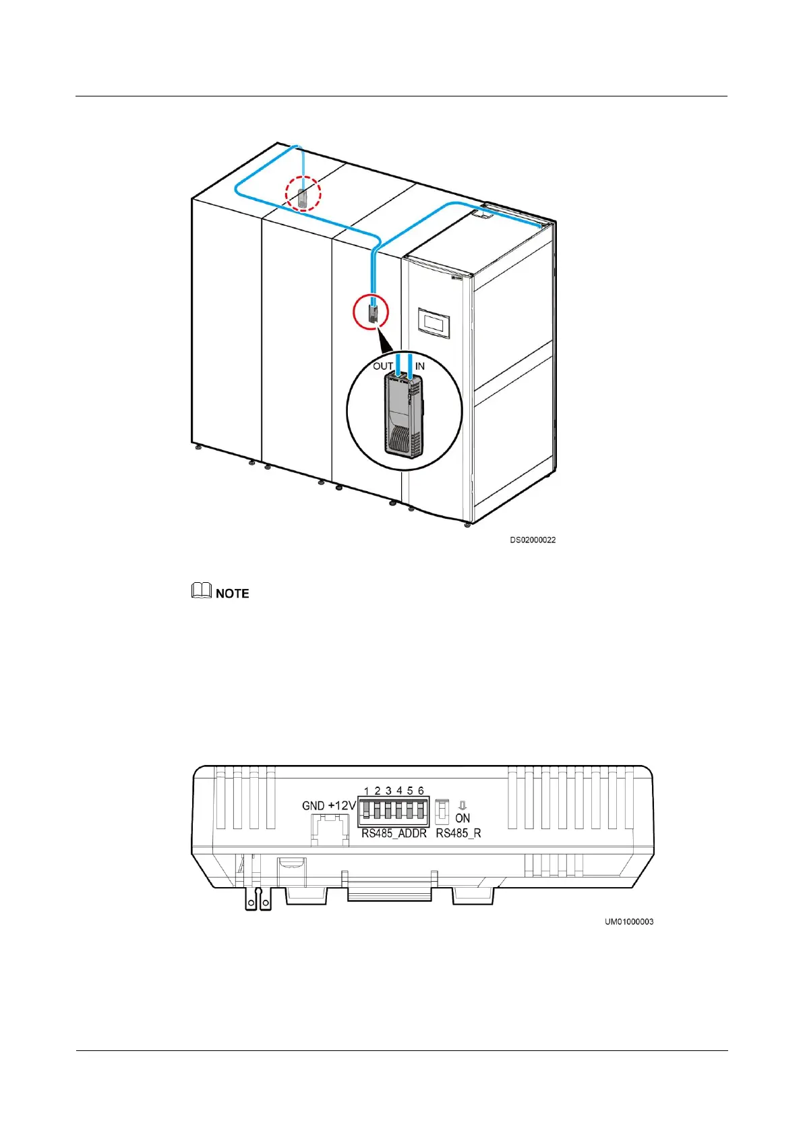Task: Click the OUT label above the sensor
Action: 383,366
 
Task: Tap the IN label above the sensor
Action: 420,366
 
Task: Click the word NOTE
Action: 233,594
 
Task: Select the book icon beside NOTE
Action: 202,591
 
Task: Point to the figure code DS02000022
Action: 533,540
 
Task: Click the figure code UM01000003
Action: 628,921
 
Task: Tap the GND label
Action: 314,805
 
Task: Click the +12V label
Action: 342,805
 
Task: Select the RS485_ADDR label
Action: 394,834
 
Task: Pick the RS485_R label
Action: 458,834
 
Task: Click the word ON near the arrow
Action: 463,818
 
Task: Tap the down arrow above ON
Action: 463,805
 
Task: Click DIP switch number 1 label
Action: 366,791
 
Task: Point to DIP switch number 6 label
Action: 421,791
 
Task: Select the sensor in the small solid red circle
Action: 371,314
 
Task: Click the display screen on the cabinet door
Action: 435,323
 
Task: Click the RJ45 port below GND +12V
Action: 330,828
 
